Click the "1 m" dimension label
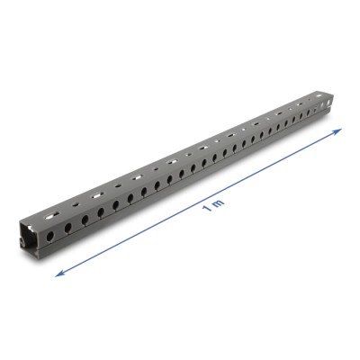[212, 209]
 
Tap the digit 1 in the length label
[207, 209]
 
